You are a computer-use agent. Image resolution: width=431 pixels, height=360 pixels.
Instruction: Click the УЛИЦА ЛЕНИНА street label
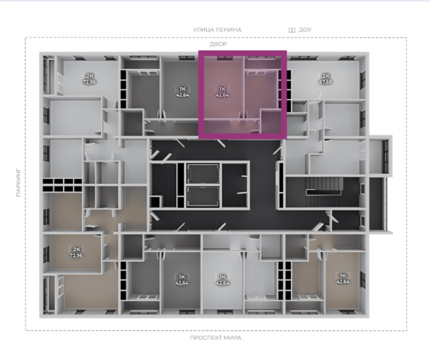(x=217, y=30)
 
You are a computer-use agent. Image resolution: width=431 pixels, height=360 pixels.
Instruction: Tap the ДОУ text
(x=305, y=30)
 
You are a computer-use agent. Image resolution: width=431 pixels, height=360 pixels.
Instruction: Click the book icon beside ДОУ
(x=292, y=30)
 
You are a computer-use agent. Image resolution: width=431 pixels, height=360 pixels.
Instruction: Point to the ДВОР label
(x=218, y=44)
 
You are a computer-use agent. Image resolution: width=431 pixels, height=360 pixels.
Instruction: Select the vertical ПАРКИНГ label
(x=19, y=183)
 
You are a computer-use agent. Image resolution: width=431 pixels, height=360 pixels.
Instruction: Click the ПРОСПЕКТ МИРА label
(x=215, y=338)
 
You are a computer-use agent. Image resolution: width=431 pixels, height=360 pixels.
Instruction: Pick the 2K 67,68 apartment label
(x=325, y=79)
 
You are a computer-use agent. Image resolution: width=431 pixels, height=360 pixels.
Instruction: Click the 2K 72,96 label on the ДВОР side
(x=89, y=79)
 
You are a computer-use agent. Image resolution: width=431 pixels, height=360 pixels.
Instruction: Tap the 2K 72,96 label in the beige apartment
(x=76, y=252)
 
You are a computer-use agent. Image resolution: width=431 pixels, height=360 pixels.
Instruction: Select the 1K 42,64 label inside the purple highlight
(x=222, y=92)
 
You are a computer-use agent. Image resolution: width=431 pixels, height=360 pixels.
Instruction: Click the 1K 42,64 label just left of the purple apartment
(x=182, y=92)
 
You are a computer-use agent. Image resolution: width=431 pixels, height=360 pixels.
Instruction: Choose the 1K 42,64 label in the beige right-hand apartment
(x=343, y=279)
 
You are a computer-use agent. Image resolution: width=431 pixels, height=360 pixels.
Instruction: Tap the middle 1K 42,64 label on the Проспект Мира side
(x=223, y=280)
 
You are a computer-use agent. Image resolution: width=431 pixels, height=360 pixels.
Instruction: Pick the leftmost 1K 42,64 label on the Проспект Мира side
(x=182, y=280)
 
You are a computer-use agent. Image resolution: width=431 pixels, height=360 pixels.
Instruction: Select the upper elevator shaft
(x=203, y=174)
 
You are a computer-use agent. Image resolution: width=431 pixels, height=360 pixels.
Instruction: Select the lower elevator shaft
(x=203, y=196)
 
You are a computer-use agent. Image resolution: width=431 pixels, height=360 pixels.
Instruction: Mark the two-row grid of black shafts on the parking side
(x=62, y=185)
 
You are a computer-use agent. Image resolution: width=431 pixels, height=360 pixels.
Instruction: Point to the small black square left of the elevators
(x=155, y=202)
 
